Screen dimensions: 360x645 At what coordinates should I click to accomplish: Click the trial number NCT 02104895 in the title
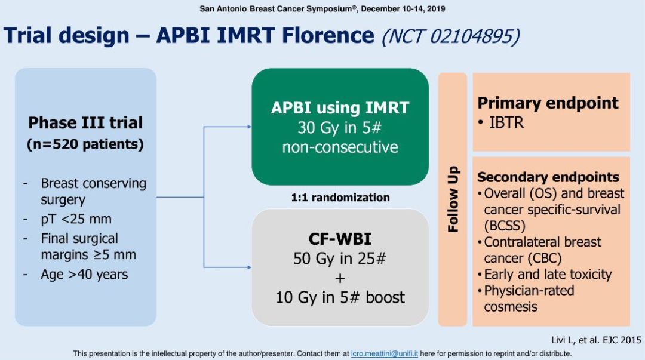pyautogui.click(x=450, y=36)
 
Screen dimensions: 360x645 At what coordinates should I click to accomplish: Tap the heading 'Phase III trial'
pyautogui.click(x=85, y=123)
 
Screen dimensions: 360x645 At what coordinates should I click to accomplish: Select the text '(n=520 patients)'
pyautogui.click(x=85, y=144)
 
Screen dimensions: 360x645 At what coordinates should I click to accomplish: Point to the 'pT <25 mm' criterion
pyautogui.click(x=76, y=219)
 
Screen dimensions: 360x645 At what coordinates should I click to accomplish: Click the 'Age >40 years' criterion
pyautogui.click(x=84, y=275)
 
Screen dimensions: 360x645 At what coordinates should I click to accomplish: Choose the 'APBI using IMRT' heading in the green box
pyautogui.click(x=340, y=108)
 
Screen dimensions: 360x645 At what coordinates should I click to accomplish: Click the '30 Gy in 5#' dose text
pyautogui.click(x=340, y=128)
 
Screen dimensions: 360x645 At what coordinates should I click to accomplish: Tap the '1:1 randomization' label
pyautogui.click(x=340, y=198)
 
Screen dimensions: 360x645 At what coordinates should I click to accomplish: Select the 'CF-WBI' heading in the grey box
pyautogui.click(x=340, y=239)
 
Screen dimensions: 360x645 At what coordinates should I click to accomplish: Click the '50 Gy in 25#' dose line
pyautogui.click(x=340, y=259)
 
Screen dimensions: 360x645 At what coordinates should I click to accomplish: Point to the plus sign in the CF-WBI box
pyautogui.click(x=340, y=278)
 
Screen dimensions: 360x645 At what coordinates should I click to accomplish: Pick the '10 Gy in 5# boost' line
pyautogui.click(x=340, y=297)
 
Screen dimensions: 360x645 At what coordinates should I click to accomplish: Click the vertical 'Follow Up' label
pyautogui.click(x=453, y=199)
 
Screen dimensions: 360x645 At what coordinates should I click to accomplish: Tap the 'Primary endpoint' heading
pyautogui.click(x=548, y=103)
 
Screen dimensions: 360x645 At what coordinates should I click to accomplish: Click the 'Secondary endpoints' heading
pyautogui.click(x=548, y=177)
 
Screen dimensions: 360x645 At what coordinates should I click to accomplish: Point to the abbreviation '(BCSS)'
pyautogui.click(x=505, y=226)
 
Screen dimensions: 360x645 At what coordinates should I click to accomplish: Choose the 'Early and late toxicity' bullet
pyautogui.click(x=548, y=275)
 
